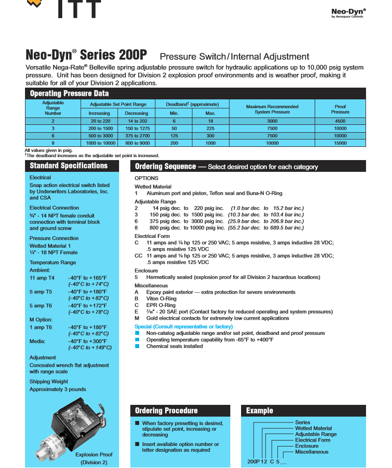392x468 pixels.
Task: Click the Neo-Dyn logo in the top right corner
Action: [x=348, y=13]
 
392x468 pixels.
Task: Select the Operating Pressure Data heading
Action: [x=69, y=94]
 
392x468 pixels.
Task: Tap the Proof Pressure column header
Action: [x=340, y=109]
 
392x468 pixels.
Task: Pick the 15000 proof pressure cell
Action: [x=340, y=143]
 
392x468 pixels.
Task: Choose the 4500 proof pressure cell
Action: [x=340, y=121]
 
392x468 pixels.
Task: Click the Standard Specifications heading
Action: [x=69, y=166]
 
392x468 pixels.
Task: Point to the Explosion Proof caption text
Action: [x=94, y=458]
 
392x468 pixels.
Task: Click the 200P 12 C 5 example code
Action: [x=264, y=461]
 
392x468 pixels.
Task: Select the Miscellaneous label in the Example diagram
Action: [x=312, y=452]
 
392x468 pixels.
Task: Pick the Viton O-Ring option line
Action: [x=161, y=299]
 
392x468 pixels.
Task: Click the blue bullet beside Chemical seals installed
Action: [x=138, y=346]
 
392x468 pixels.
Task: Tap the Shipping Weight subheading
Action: [x=49, y=381]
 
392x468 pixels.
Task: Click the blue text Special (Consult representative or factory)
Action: [x=183, y=327]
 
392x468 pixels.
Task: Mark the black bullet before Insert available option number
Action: [x=137, y=444]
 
